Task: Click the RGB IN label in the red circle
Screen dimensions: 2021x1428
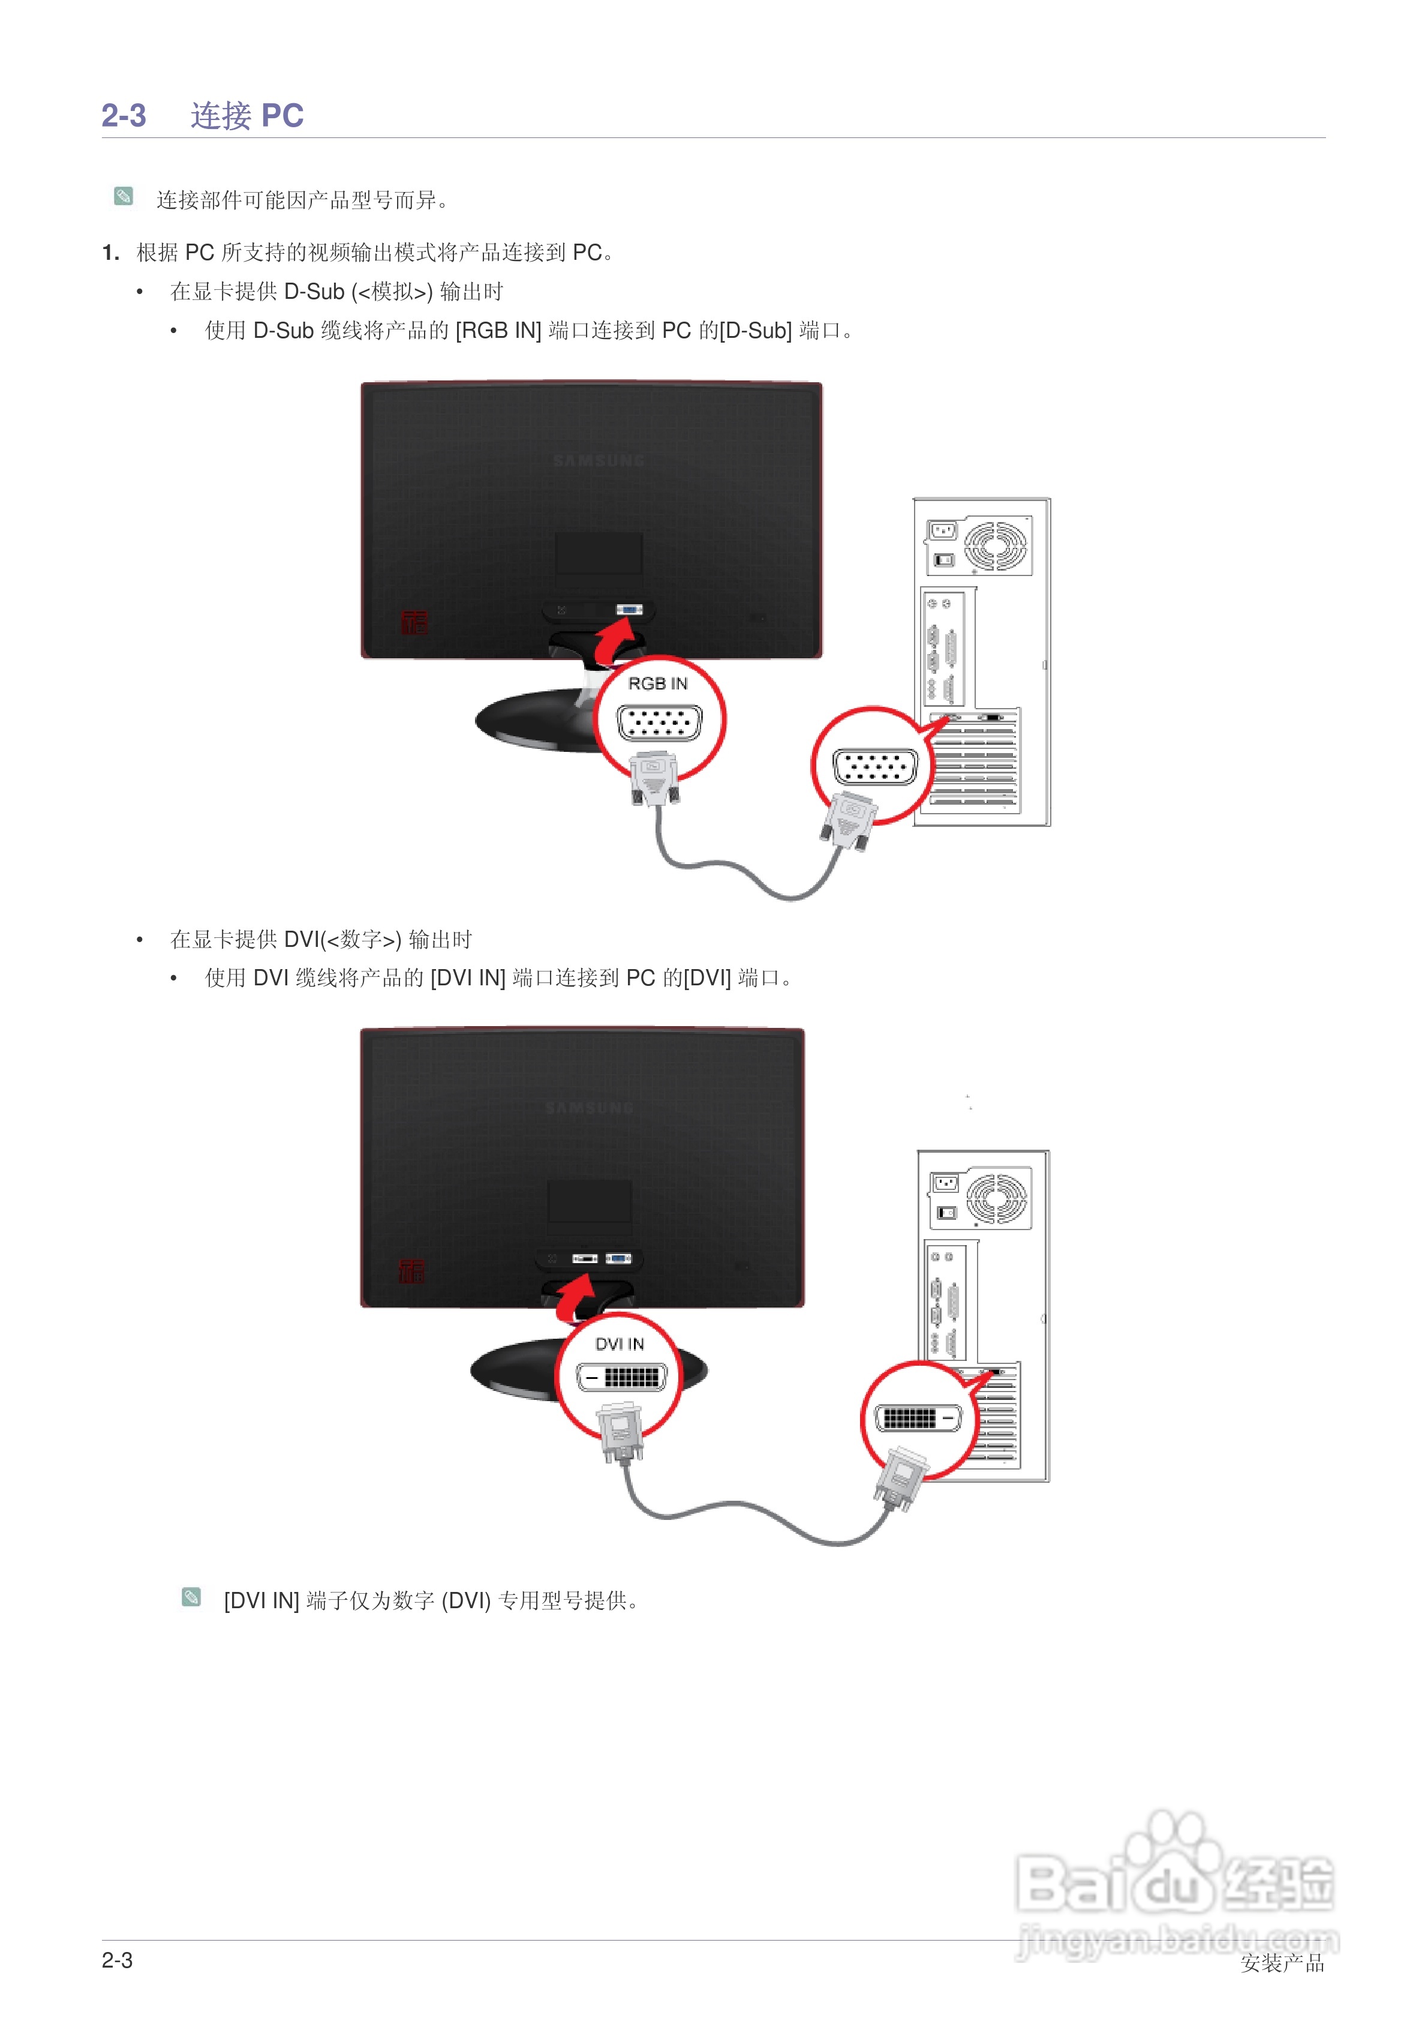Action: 657,684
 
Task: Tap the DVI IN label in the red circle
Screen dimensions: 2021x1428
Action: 620,1344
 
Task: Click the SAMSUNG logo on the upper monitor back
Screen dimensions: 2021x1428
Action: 599,460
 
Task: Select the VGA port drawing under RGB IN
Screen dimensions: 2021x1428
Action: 659,724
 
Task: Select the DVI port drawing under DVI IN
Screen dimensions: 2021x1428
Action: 621,1377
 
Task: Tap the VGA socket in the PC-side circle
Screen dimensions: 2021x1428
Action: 874,767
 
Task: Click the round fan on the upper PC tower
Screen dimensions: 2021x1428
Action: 995,545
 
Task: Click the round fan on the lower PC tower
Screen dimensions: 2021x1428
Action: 997,1198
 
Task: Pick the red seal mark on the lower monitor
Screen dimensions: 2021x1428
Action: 411,1270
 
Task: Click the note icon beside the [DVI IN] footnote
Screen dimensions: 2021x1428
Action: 191,1597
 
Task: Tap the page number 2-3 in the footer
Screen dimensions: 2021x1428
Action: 117,1960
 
